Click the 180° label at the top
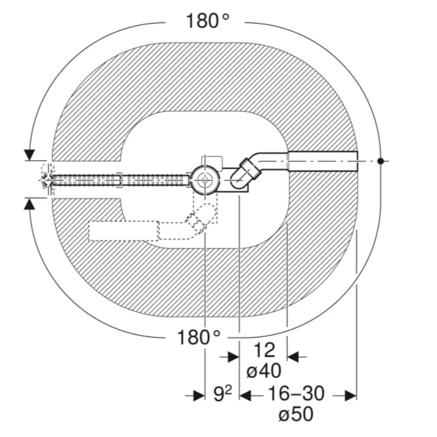pos(208,21)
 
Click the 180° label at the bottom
pos(199,337)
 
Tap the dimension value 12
pos(264,350)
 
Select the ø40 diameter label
pos(264,371)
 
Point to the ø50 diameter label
pos(296,414)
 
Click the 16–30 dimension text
pos(296,393)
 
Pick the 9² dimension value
pos(223,394)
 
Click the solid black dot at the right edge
pos(381,161)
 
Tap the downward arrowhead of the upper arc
pos(29,155)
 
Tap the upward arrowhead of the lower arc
pos(29,204)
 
